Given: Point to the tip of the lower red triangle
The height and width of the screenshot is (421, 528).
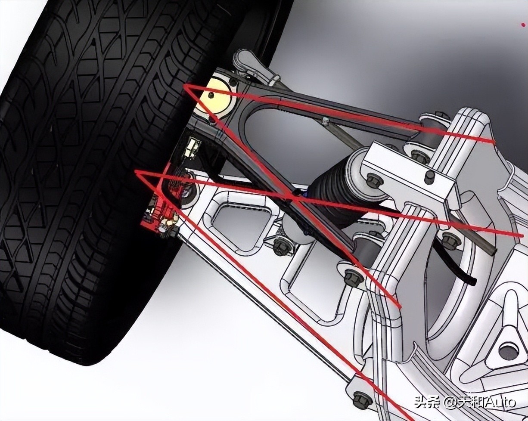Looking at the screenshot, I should pos(136,172).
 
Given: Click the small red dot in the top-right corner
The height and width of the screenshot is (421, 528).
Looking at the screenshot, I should pos(523,25).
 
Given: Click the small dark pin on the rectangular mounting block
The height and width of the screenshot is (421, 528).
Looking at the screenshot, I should pos(429,177).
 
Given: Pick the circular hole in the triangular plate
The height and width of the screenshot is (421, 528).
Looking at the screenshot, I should pos(509,350).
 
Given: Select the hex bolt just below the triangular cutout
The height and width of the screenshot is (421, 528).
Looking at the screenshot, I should pos(282,247).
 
